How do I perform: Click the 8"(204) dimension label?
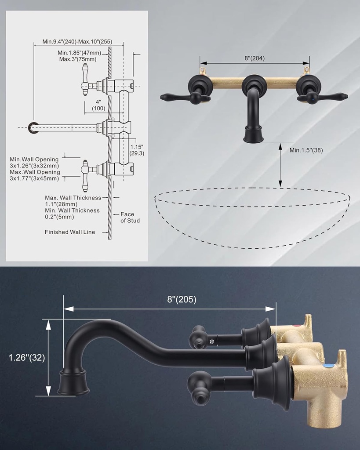click(x=255, y=58)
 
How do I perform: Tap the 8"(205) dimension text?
click(x=182, y=300)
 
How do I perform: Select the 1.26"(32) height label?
click(x=27, y=357)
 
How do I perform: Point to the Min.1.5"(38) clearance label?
click(x=306, y=150)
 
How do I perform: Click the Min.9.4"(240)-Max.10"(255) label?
click(x=77, y=42)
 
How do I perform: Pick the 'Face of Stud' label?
click(x=130, y=218)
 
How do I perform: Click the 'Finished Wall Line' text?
click(x=69, y=232)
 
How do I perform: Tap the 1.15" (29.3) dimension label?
click(x=137, y=149)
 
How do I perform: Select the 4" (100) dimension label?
click(x=98, y=105)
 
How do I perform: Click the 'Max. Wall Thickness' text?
click(x=73, y=198)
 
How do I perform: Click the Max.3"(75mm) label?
click(x=78, y=59)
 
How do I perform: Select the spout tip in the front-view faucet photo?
click(x=254, y=134)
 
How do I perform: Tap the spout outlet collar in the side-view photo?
click(x=74, y=381)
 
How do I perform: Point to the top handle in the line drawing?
click(x=86, y=80)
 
